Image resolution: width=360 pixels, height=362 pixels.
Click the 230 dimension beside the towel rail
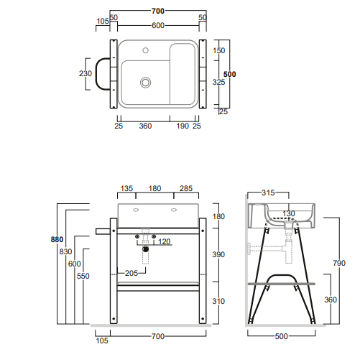tap(85, 73)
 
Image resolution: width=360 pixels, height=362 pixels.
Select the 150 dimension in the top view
tap(219, 50)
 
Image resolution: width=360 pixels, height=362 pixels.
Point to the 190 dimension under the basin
tap(183, 126)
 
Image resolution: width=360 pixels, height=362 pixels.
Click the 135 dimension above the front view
tap(126, 189)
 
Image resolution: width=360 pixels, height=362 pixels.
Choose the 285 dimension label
tap(186, 189)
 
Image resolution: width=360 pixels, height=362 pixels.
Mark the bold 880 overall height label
tap(57, 239)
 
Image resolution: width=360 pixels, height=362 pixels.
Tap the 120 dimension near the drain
tap(164, 241)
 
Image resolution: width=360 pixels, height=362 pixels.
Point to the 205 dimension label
tap(131, 273)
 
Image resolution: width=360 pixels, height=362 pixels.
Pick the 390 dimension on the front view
tap(219, 255)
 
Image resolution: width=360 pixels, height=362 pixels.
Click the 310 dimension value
tap(219, 301)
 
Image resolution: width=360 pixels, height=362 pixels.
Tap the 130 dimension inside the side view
tap(287, 213)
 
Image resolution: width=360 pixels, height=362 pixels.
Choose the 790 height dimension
tap(338, 263)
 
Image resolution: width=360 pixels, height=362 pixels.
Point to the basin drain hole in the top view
tap(146, 83)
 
